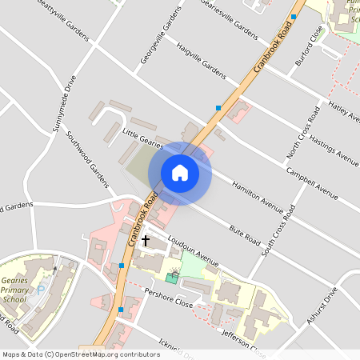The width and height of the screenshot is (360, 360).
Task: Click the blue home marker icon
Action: [x=180, y=173]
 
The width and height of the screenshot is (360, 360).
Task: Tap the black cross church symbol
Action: [x=145, y=239]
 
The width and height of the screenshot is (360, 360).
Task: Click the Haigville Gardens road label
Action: [x=202, y=59]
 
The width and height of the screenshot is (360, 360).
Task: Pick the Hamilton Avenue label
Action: [x=257, y=197]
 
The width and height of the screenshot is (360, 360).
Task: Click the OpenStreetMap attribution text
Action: [x=80, y=354]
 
